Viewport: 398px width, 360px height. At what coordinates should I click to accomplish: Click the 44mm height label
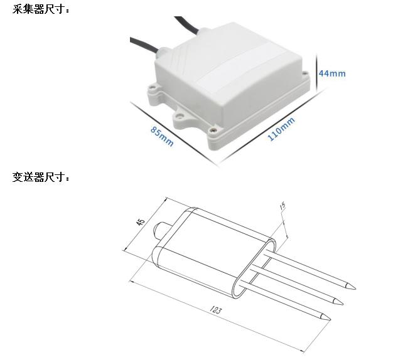click(x=332, y=73)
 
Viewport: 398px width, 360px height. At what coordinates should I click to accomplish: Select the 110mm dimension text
click(x=281, y=129)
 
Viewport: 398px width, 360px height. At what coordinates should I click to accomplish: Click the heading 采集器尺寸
click(x=42, y=10)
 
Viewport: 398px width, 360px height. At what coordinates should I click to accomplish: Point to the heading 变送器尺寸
click(x=42, y=177)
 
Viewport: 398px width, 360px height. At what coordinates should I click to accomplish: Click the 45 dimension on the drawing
click(x=141, y=223)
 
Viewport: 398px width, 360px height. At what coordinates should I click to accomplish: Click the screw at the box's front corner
click(x=214, y=131)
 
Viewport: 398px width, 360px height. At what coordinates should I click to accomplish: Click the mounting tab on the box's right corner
click(x=306, y=77)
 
